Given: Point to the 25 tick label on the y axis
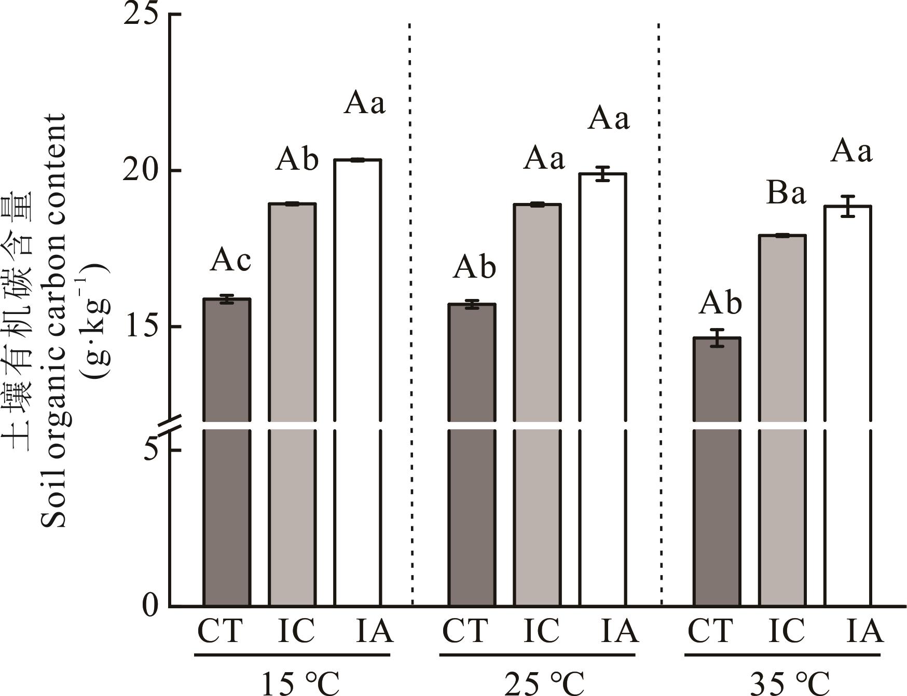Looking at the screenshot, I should [141, 13].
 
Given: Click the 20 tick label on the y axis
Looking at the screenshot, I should [141, 171].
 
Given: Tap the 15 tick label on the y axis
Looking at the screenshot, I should [141, 326].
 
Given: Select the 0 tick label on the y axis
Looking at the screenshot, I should [150, 606].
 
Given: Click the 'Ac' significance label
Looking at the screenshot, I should [230, 261].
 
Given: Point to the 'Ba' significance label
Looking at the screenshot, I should [786, 193].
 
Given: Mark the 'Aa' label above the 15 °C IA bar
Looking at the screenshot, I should [365, 102].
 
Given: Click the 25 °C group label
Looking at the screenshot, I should [544, 683].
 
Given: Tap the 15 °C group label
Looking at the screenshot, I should [299, 683].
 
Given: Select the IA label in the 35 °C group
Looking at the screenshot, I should [864, 631].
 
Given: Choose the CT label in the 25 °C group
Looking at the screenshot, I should [465, 631].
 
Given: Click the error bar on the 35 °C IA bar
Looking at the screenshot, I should [848, 206].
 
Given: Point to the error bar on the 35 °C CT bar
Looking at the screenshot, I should [717, 338].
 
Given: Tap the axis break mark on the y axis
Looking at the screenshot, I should [170, 425].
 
